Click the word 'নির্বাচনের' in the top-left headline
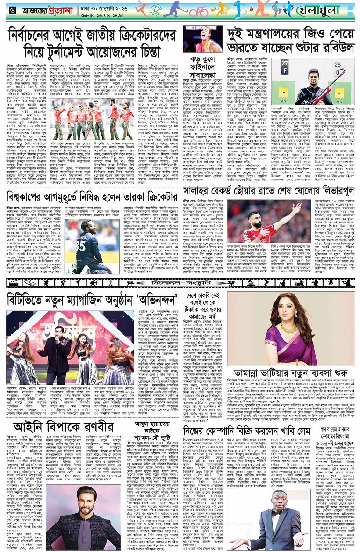[x=35, y=34]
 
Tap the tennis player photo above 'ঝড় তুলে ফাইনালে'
[x=202, y=38]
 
